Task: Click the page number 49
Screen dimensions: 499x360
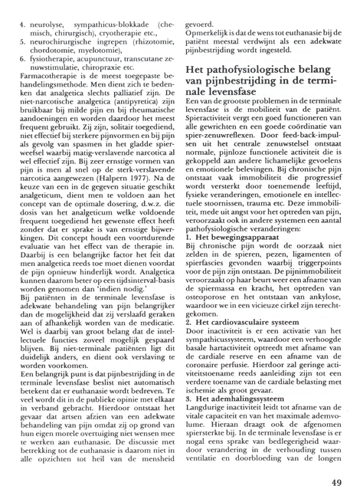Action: (x=335, y=482)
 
